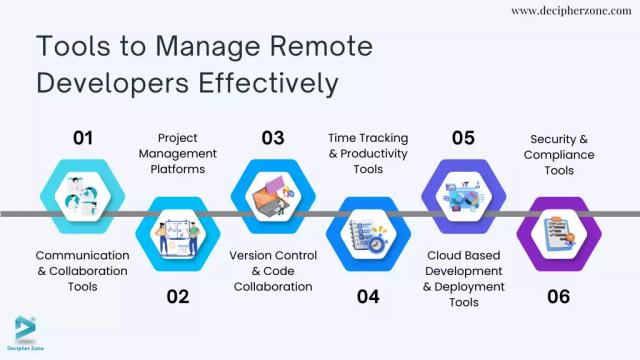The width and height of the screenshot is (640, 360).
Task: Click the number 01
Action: [82, 138]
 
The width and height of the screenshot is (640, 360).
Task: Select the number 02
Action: [178, 296]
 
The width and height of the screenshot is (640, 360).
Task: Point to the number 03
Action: [272, 138]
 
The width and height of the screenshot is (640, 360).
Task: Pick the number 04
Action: [368, 296]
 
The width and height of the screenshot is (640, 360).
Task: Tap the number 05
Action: [462, 138]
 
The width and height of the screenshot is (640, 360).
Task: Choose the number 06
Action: [558, 296]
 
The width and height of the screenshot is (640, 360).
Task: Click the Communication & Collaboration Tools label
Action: [83, 271]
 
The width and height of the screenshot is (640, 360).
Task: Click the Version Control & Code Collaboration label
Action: [273, 271]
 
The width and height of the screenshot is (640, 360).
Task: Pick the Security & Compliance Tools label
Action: [558, 154]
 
